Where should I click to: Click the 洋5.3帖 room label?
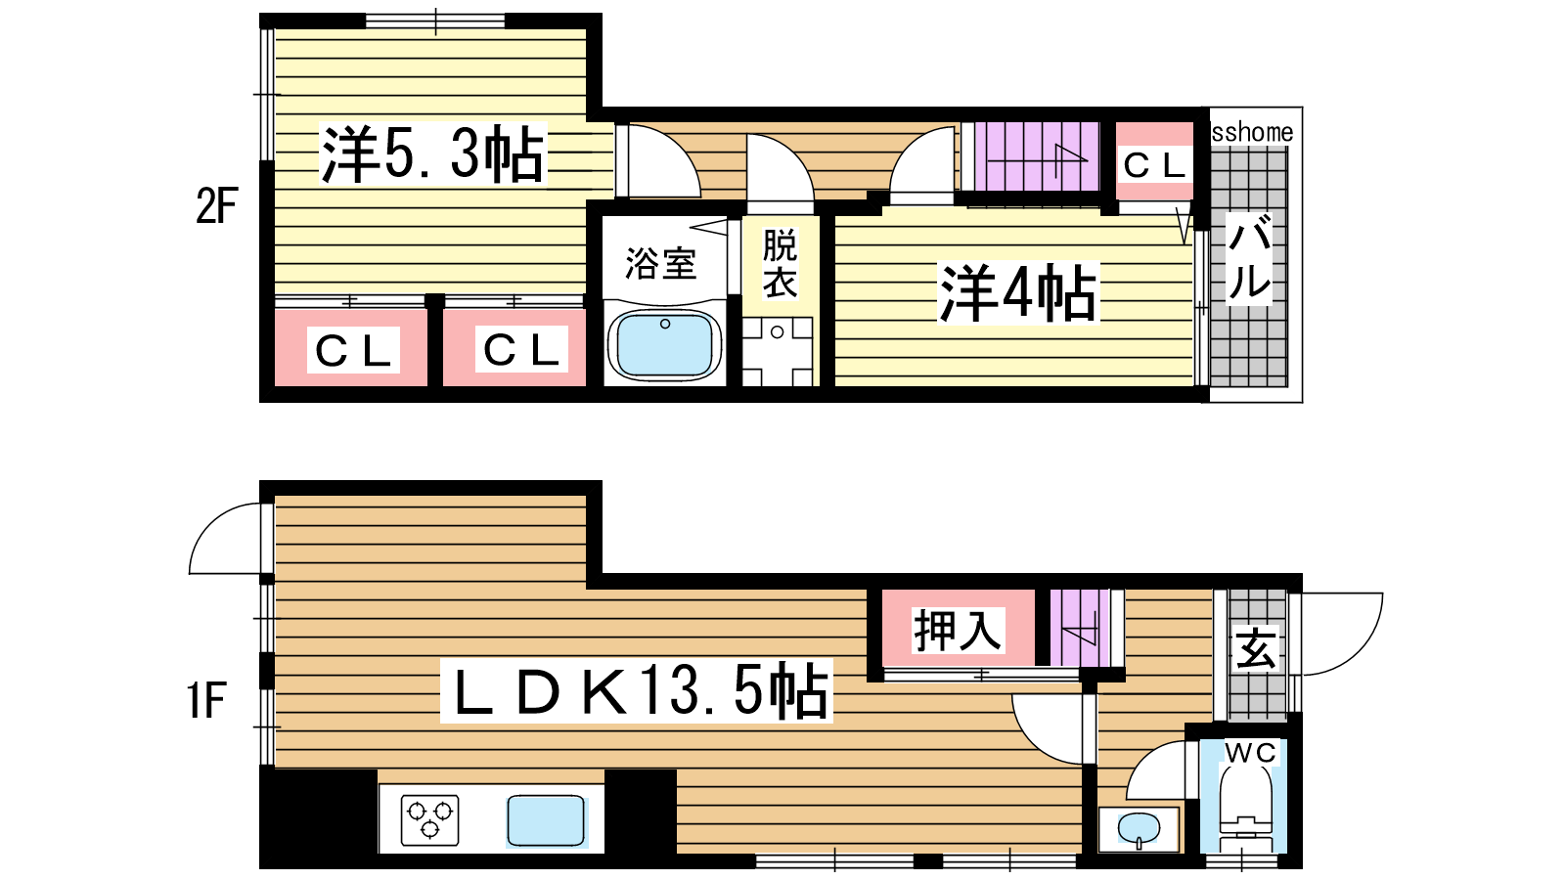pos(431,154)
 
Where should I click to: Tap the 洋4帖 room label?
pos(1018,293)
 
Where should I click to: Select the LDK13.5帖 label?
pos(637,690)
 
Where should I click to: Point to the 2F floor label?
pos(216,206)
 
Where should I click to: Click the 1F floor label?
pos(206,700)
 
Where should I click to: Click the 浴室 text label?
pos(660,264)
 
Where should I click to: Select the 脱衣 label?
pos(780,263)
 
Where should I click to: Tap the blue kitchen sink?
pos(547,821)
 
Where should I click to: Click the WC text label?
pos(1251,753)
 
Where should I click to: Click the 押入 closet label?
pos(958,631)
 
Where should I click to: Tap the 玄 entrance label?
pos(1257,649)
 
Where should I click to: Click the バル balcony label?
pos(1250,257)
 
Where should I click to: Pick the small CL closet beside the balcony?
pos(1154,162)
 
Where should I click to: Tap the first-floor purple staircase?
pos(1080,628)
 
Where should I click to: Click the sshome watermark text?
pos(1252,132)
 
